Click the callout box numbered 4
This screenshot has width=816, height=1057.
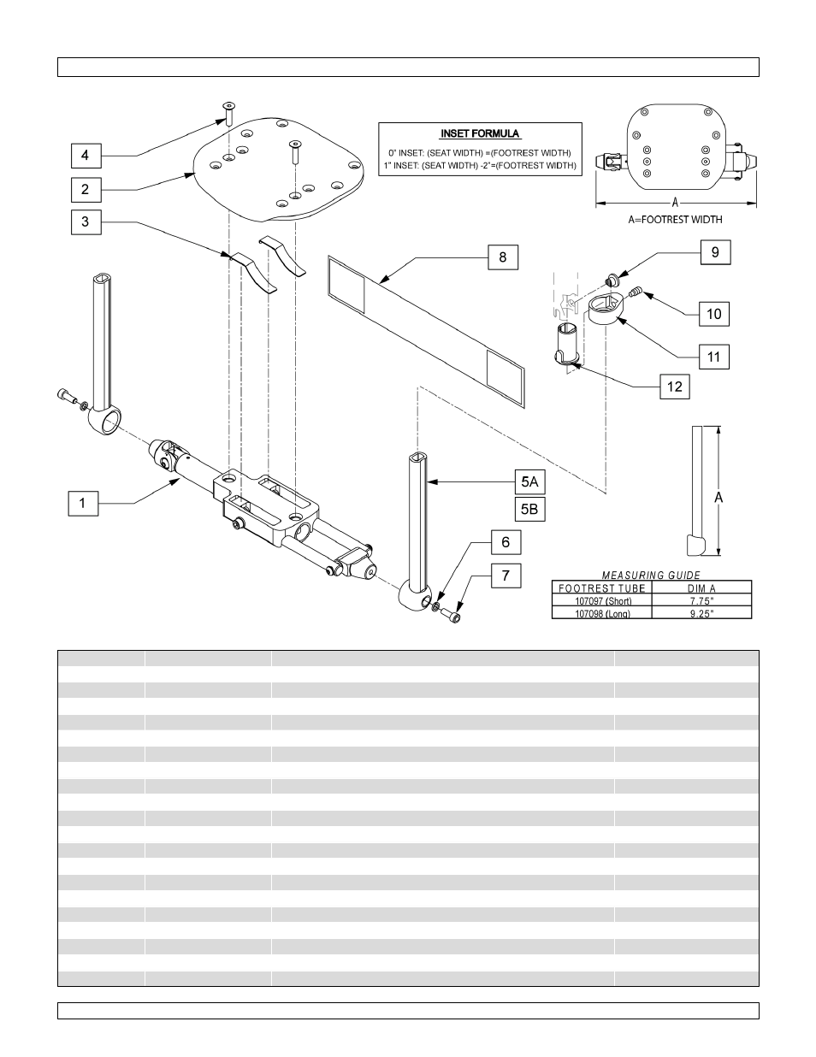[x=86, y=156]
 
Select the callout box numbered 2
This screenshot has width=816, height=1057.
[x=86, y=189]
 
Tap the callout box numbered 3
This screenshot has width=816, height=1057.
[x=86, y=222]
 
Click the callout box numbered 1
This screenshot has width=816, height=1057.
[x=83, y=503]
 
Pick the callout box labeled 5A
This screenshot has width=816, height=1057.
[x=529, y=481]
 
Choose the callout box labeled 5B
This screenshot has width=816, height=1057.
[x=529, y=510]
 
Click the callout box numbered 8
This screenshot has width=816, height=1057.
[x=503, y=257]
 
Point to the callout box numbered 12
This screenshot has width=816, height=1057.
[x=675, y=387]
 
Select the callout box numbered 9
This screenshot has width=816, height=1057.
[x=715, y=252]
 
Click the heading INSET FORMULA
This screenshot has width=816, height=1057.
[x=480, y=134]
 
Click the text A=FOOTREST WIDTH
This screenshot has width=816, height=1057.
[x=675, y=220]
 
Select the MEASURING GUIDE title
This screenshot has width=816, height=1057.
[x=652, y=575]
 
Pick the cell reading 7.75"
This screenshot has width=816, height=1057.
[x=701, y=600]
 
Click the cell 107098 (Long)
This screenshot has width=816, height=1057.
[x=601, y=613]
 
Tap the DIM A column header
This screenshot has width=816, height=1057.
[x=701, y=588]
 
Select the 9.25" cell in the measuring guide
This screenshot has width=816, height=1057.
[x=701, y=613]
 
